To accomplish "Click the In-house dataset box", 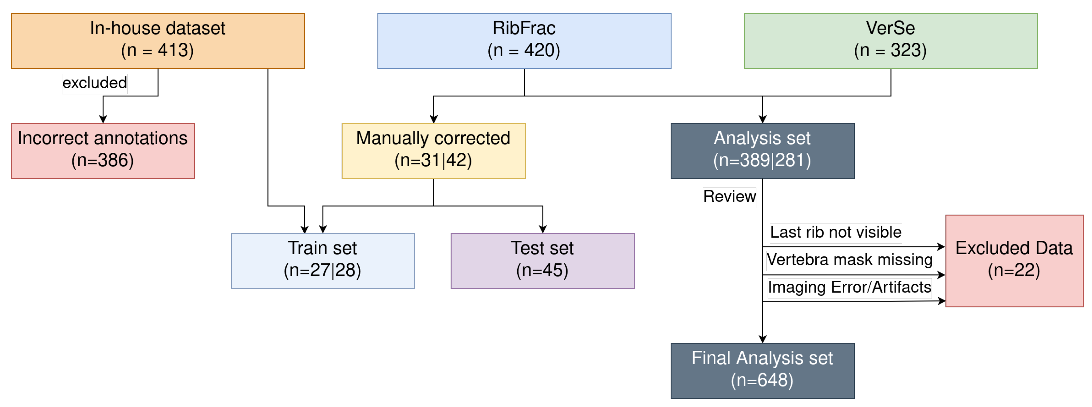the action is coord(158,41).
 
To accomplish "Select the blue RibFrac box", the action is coord(524,41).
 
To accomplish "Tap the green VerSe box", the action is coord(891,41).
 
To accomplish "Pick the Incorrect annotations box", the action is coord(103,151).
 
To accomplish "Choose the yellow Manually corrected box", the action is coord(434,151).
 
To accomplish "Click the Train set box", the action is coord(323,261).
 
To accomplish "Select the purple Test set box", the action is coord(542,261).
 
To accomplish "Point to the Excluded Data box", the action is coord(1015,261).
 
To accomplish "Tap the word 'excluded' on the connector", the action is coord(95,83).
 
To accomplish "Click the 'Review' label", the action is coord(730,196).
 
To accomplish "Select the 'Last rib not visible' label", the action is coord(836,232).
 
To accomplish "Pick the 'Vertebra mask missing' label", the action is coord(850,259).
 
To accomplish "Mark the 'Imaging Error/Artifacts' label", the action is coord(850,287).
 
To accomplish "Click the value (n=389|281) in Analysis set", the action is coord(762,160).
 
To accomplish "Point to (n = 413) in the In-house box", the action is coord(158,50).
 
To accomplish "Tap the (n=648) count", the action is coord(762,380).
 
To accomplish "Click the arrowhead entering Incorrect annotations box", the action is coord(103,119).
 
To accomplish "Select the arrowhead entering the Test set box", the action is coord(542,229).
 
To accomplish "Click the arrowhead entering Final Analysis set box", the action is coord(763,339).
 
